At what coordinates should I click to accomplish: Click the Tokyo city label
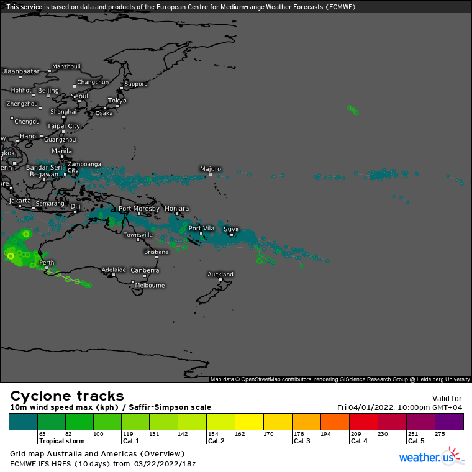pyautogui.click(x=117, y=100)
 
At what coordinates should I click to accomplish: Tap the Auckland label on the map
pyautogui.click(x=220, y=274)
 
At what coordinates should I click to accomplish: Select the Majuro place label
pyautogui.click(x=211, y=168)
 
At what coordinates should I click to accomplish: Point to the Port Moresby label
pyautogui.click(x=138, y=209)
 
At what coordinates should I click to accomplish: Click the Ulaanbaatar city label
pyautogui.click(x=20, y=71)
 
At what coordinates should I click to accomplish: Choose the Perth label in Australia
pyautogui.click(x=47, y=263)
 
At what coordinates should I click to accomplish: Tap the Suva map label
pyautogui.click(x=231, y=229)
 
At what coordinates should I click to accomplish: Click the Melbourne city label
pyautogui.click(x=150, y=285)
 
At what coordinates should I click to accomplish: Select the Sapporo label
pyautogui.click(x=136, y=83)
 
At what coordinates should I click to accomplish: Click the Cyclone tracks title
pyautogui.click(x=67, y=396)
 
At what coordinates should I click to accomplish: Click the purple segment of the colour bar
pyautogui.click(x=449, y=422)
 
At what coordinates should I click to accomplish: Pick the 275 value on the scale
pyautogui.click(x=440, y=433)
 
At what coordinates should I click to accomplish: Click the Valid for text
pyautogui.click(x=447, y=398)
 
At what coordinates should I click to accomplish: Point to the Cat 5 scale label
pyautogui.click(x=416, y=441)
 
